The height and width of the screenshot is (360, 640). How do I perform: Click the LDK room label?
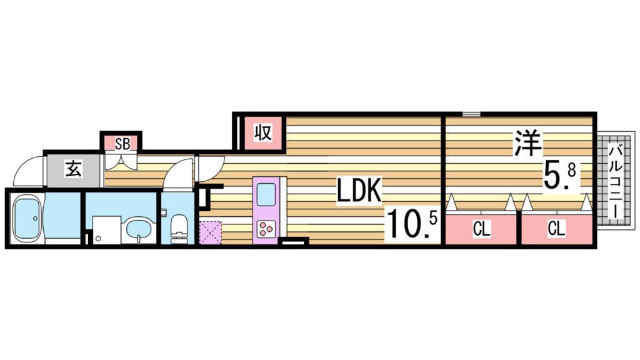(359, 190)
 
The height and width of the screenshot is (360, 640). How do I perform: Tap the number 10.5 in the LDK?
(412, 223)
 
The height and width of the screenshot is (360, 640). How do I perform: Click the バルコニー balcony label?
(615, 181)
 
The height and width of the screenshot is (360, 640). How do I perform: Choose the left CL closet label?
(481, 229)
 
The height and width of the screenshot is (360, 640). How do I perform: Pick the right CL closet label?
(556, 229)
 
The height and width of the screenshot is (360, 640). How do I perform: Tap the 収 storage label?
(263, 132)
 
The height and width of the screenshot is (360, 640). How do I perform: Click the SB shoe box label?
(122, 144)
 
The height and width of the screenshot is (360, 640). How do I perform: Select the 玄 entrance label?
(74, 169)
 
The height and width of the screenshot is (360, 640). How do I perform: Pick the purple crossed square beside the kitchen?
(211, 232)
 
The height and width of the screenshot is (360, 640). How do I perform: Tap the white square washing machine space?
(106, 230)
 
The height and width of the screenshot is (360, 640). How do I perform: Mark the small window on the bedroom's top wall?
(471, 114)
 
